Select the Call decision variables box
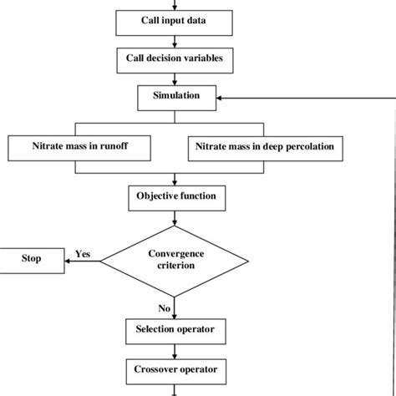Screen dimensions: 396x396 [x=175, y=59]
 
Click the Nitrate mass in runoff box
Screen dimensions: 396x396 [x=80, y=148]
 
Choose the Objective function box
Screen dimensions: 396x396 [x=175, y=196]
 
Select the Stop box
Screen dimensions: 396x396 [x=32, y=258]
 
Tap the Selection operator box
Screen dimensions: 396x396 [x=175, y=328]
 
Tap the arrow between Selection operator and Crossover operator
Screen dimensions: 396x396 [x=174, y=348]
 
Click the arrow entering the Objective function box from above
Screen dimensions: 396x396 [x=174, y=180]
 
